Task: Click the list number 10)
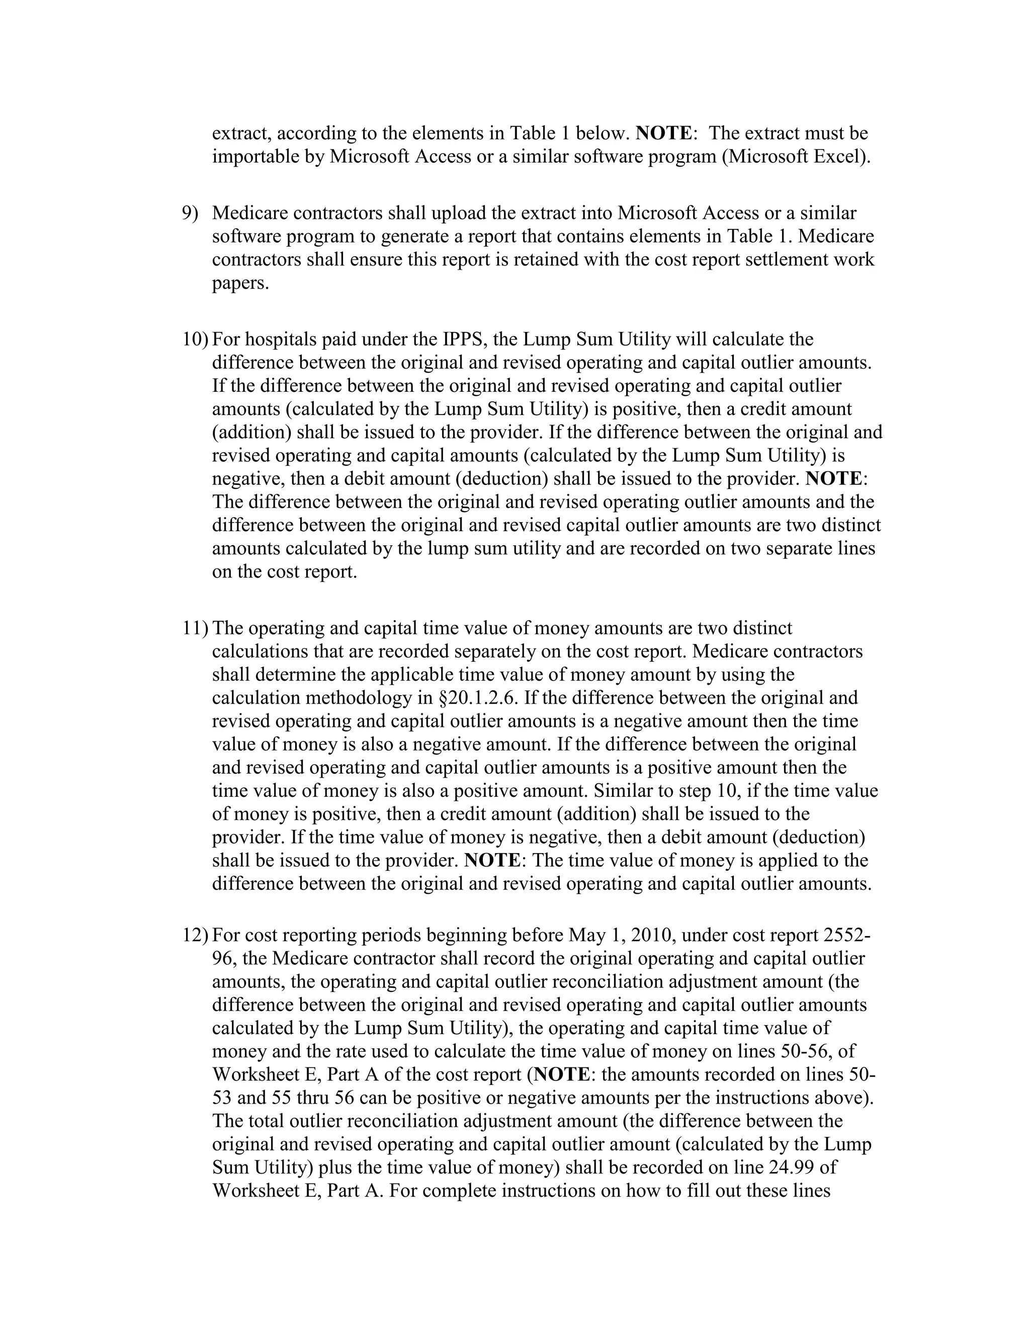(x=195, y=339)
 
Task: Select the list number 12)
(x=195, y=935)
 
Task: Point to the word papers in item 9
(x=240, y=284)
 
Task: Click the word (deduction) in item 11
(x=818, y=837)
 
